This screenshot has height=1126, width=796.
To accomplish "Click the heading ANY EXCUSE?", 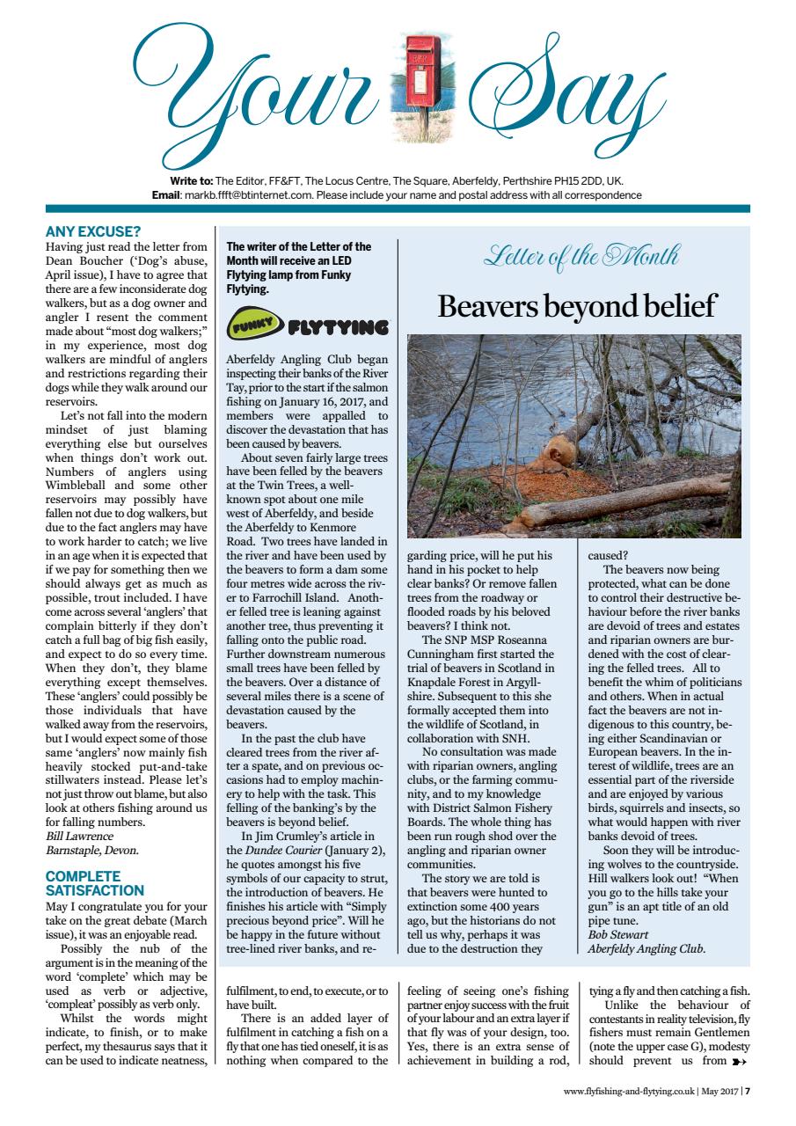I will pyautogui.click(x=93, y=232).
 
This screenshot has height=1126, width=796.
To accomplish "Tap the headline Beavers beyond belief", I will pyautogui.click(x=577, y=305).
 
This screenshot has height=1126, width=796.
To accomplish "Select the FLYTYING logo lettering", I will pyautogui.click(x=337, y=328).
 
